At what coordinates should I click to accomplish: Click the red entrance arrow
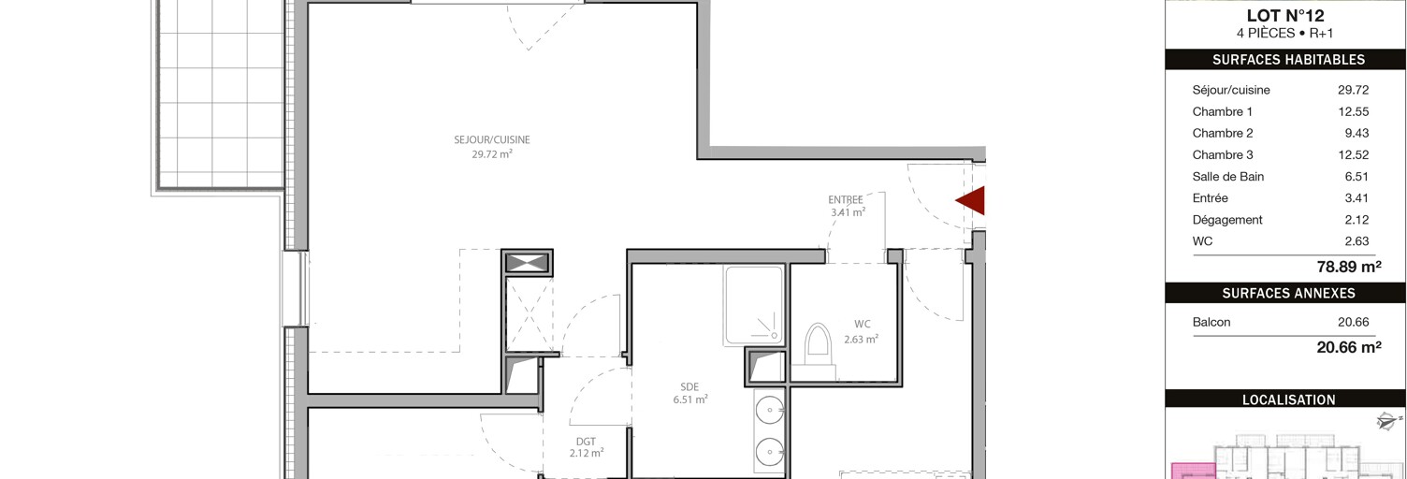[972, 201]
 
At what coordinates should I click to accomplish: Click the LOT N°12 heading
[1284, 15]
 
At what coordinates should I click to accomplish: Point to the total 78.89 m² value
[1349, 267]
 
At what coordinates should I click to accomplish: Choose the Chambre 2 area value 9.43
[1356, 134]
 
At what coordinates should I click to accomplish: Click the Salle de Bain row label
[1227, 177]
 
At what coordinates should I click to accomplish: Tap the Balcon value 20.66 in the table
[1354, 323]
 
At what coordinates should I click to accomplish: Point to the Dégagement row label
[1227, 220]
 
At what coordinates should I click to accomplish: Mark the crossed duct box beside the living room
[528, 262]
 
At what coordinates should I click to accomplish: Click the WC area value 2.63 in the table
[1356, 241]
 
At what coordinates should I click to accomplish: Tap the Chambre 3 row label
[1223, 155]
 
